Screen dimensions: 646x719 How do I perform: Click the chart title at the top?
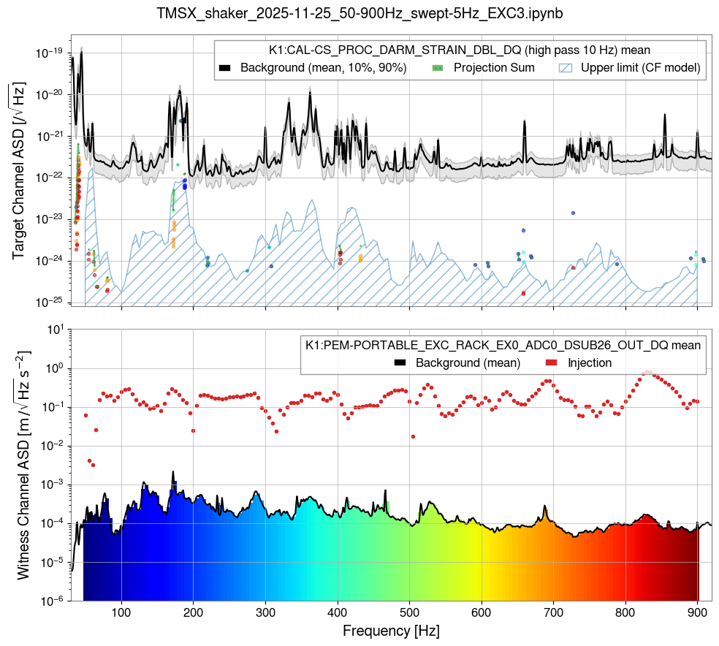click(x=359, y=13)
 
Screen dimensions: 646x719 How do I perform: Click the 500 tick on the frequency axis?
click(x=409, y=612)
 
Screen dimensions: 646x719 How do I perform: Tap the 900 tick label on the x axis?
click(x=697, y=612)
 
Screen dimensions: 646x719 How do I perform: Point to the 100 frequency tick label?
click(x=121, y=612)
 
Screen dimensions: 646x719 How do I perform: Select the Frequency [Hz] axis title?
click(x=391, y=630)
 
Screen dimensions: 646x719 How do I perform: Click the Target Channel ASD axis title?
click(x=18, y=170)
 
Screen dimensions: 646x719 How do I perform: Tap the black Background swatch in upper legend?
click(x=225, y=68)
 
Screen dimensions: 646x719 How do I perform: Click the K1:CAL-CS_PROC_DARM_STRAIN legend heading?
click(x=460, y=50)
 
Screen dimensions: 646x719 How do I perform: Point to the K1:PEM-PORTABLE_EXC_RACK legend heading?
click(x=503, y=344)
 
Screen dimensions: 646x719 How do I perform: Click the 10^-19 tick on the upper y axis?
click(x=51, y=53)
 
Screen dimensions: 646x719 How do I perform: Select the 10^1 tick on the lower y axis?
click(x=54, y=330)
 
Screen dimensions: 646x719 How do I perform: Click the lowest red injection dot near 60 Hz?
click(x=93, y=465)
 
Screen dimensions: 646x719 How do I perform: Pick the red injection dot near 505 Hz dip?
click(x=413, y=436)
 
